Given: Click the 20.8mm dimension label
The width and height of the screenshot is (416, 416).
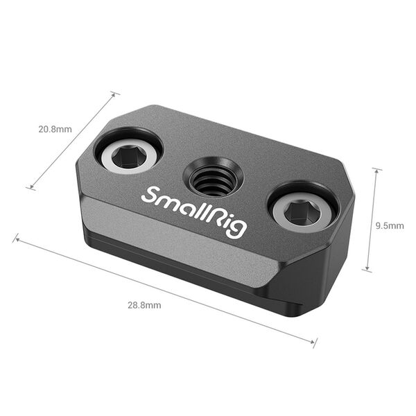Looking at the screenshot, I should [x=55, y=129].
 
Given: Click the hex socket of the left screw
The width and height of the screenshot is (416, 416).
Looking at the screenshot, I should [x=128, y=157].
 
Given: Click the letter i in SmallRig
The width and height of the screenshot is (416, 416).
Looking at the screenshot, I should [x=225, y=220].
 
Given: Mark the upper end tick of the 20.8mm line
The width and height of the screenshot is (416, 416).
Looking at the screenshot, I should [x=114, y=93].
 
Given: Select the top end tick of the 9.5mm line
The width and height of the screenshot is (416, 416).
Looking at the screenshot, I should [x=376, y=168].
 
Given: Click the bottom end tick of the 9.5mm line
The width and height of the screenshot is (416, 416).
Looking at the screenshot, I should [x=366, y=270].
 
